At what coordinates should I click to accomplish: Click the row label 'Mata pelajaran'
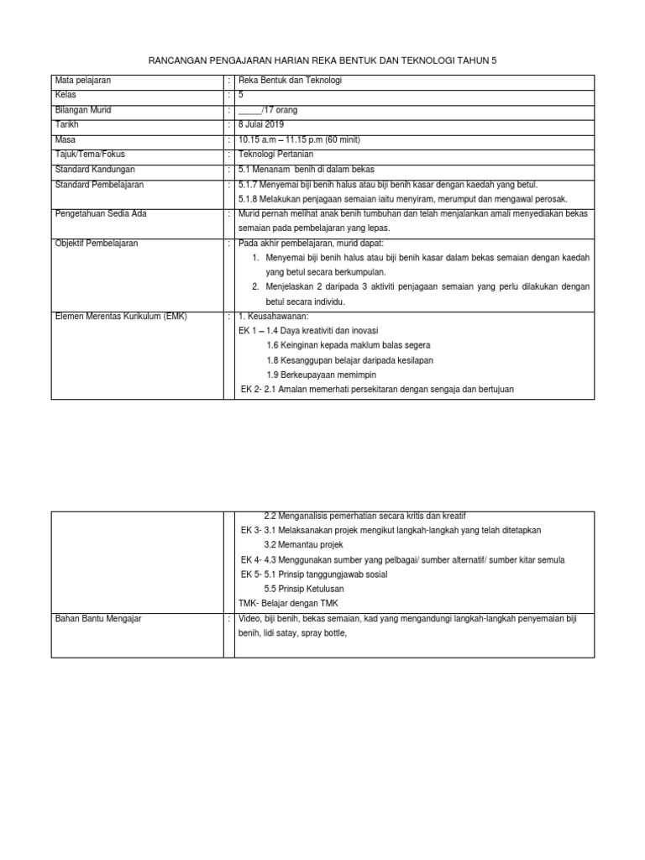[82, 81]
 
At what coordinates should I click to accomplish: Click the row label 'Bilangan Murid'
[82, 110]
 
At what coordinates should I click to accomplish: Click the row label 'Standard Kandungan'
[90, 169]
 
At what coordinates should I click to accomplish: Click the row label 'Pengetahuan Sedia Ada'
[100, 213]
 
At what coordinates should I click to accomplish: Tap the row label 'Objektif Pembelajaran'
[96, 243]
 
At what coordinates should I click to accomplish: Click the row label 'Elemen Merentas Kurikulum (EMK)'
[121, 317]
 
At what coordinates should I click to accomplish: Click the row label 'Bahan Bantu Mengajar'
[97, 619]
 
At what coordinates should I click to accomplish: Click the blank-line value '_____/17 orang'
[268, 110]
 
